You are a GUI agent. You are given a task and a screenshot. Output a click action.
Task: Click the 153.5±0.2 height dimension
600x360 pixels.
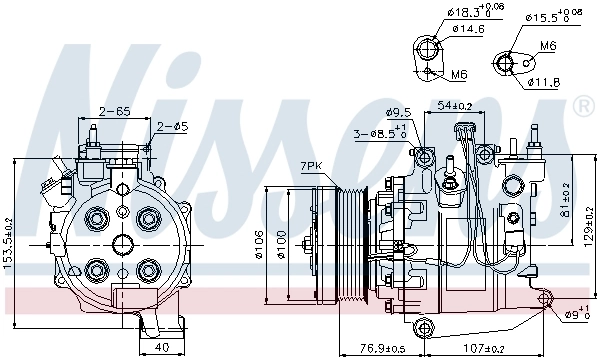[9, 243]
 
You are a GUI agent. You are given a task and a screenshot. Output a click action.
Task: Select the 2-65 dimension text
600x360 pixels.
[113, 111]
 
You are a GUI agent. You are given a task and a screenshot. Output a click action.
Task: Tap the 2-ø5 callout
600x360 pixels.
[173, 126]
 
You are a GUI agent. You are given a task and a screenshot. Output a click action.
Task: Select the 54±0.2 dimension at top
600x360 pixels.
[456, 105]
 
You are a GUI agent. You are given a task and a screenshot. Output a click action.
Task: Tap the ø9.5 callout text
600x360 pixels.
[399, 112]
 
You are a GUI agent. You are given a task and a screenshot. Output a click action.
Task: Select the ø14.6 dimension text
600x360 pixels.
[467, 30]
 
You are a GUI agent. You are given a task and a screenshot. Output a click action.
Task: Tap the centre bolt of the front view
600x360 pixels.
[121, 242]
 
